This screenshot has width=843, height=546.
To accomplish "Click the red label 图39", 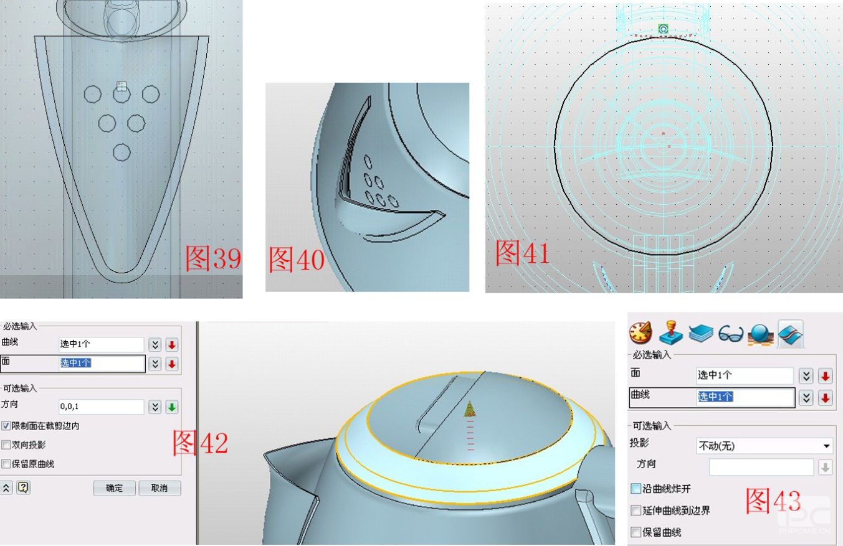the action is click(x=213, y=258).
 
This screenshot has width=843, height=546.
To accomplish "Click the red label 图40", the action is click(x=297, y=260).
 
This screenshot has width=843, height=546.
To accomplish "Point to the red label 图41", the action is click(x=522, y=252).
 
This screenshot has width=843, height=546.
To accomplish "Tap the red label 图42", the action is click(x=200, y=443).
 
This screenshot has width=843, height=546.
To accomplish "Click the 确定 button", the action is click(x=115, y=488).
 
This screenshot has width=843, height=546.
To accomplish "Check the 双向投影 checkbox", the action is click(x=6, y=445).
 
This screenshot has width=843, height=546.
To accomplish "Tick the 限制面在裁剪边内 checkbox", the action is click(x=6, y=426).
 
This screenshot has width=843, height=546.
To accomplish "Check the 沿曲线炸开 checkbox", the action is click(x=636, y=489).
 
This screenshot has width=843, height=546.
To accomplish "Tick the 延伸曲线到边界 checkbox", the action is click(x=636, y=511).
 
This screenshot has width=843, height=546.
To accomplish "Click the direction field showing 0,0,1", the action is click(x=101, y=407).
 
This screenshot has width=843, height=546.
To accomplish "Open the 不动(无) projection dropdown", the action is click(x=764, y=446).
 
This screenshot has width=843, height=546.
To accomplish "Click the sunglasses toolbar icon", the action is click(x=730, y=333).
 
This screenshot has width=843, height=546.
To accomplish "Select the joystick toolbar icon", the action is click(x=670, y=332).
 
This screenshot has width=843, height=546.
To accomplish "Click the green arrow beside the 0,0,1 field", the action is click(x=172, y=407).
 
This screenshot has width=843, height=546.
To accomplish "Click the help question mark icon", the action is click(x=23, y=487).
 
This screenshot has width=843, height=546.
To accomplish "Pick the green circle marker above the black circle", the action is click(x=663, y=29).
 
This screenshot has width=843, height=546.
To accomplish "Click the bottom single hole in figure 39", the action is click(x=121, y=153).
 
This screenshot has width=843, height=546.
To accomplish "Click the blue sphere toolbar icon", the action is click(x=760, y=333).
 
